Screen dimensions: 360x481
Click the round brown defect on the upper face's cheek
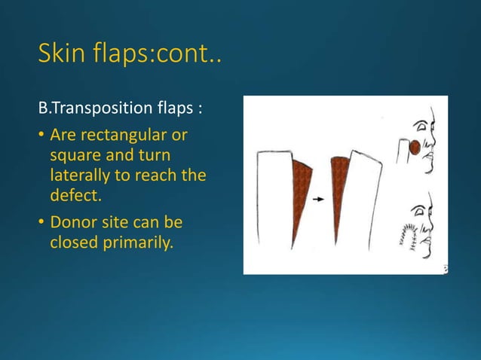(x=415, y=148)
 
